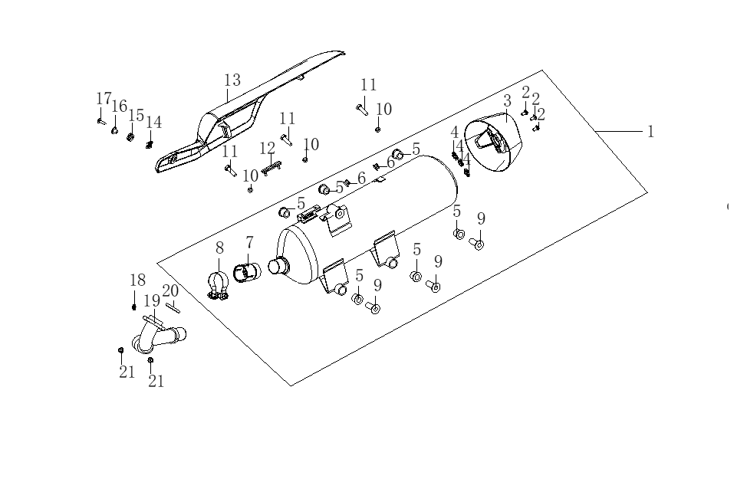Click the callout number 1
click(650, 131)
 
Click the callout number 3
click(508, 101)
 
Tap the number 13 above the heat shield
click(232, 80)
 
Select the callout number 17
click(104, 99)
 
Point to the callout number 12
click(268, 149)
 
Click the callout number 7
click(249, 242)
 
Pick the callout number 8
click(219, 248)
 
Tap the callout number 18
click(138, 280)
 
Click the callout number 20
click(170, 290)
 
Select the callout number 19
click(152, 300)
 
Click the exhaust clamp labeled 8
click(218, 287)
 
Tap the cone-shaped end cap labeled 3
click(494, 143)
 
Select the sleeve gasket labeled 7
click(247, 273)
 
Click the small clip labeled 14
click(150, 144)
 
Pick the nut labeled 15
click(129, 137)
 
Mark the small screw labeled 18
click(134, 307)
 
